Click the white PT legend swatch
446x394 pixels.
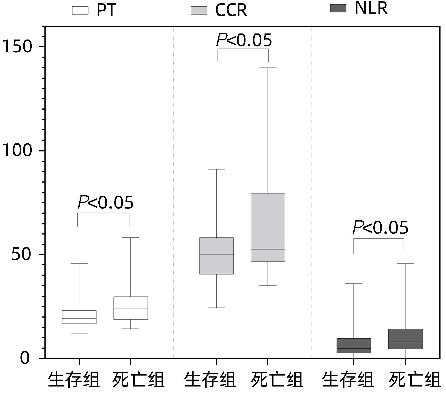tap(80, 10)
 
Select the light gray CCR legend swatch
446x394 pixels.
tap(199, 10)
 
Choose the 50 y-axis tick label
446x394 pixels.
tap(21, 254)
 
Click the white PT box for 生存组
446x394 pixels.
tap(79, 317)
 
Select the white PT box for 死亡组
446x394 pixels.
tap(131, 308)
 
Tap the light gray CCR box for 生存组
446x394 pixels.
tap(216, 256)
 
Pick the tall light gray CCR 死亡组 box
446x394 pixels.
tap(268, 227)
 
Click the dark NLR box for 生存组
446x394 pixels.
tap(354, 346)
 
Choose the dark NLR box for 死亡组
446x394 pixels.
tap(405, 339)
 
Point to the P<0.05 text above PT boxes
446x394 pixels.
tap(106, 202)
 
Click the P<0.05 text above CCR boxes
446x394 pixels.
tap(244, 40)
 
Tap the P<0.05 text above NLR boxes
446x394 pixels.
tap(381, 228)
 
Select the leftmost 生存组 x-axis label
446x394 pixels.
tap(74, 380)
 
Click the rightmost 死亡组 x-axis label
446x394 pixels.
tap(415, 380)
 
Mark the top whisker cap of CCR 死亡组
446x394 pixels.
tap(268, 68)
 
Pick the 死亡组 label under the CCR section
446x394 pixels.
tap(277, 380)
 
